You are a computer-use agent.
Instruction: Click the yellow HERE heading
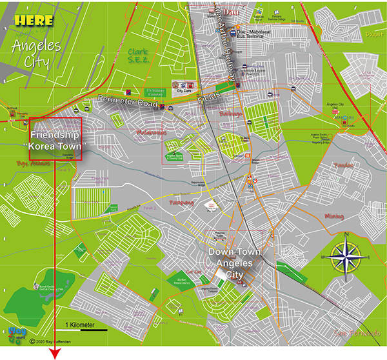(34, 20)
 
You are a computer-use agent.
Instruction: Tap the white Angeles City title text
(36, 54)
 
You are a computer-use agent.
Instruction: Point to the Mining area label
(334, 216)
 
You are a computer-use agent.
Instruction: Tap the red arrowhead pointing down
(55, 353)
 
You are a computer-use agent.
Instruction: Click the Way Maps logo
(18, 334)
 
